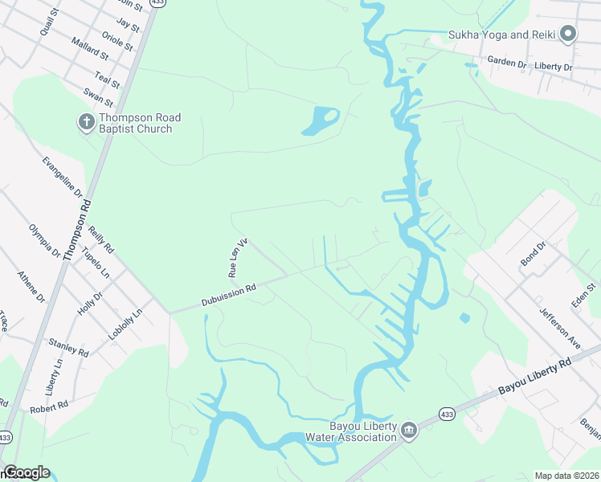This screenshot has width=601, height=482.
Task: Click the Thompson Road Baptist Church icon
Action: tap(85, 122)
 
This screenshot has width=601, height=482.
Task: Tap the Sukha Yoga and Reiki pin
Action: tap(569, 34)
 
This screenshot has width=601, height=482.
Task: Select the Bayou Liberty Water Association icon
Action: tap(408, 431)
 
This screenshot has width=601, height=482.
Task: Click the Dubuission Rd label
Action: tap(228, 296)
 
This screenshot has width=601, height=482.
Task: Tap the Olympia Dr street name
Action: tap(45, 240)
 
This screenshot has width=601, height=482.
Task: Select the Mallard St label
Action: tap(89, 49)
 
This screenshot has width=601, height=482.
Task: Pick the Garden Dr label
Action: tap(506, 61)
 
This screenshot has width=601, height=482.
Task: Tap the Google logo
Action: tap(26, 472)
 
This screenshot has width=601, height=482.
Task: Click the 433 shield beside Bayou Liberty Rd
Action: tap(448, 414)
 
